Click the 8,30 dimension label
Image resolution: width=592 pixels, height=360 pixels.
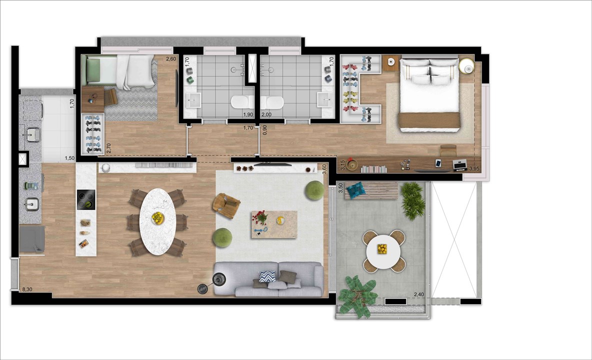pyautogui.click(x=27, y=289)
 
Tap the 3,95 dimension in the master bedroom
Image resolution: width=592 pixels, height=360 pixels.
pyautogui.click(x=474, y=168)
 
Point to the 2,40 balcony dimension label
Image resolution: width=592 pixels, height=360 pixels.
pyautogui.click(x=418, y=294)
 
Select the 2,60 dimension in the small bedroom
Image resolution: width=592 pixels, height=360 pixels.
pyautogui.click(x=171, y=59)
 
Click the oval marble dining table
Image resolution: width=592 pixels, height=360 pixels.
pyautogui.click(x=158, y=221)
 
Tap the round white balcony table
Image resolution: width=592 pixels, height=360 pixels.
pyautogui.click(x=383, y=250)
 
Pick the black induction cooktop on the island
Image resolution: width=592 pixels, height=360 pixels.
pyautogui.click(x=86, y=199)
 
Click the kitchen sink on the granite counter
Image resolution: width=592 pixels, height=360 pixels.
pyautogui.click(x=31, y=204)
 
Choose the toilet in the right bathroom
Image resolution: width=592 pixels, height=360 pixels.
pyautogui.click(x=271, y=102)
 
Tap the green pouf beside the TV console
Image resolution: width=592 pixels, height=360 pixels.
pyautogui.click(x=314, y=190)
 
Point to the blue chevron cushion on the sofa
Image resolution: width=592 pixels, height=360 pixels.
pyautogui.click(x=267, y=276)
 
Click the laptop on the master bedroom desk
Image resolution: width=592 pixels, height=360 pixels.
pyautogui.click(x=460, y=165)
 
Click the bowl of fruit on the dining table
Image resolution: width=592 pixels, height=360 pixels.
pyautogui.click(x=158, y=218)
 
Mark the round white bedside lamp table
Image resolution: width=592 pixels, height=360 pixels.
pyautogui.click(x=466, y=65)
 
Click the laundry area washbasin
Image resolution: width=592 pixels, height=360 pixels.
pyautogui.click(x=33, y=134)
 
